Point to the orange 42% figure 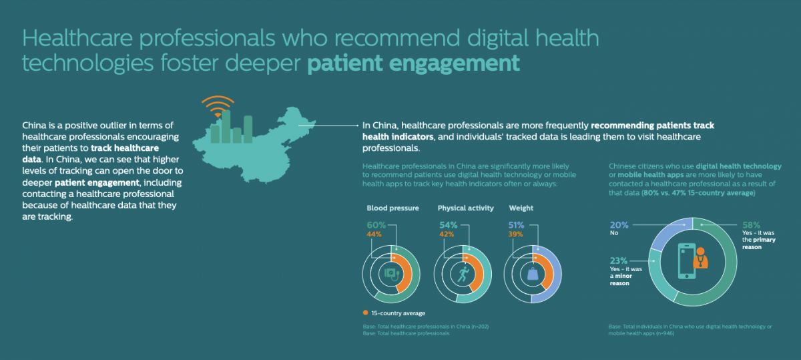[x=447, y=234]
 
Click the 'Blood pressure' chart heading [x=392, y=208]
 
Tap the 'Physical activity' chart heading [x=465, y=208]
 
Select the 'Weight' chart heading [x=521, y=208]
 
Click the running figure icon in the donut [x=464, y=274]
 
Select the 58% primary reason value [x=750, y=226]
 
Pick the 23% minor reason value [x=619, y=260]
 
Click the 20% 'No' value [x=618, y=225]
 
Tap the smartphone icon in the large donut [x=686, y=261]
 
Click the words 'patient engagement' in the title [x=413, y=63]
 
